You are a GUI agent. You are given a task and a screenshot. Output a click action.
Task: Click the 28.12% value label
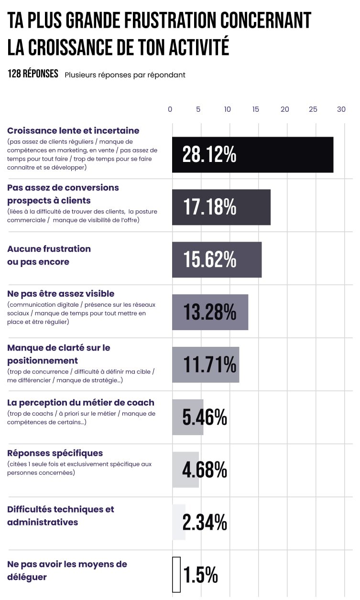(209, 155)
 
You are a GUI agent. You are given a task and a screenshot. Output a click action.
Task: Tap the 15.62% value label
(209, 259)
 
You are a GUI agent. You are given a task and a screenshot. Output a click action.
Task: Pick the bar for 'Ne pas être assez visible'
(210, 312)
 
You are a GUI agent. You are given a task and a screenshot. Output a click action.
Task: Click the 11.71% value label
(209, 365)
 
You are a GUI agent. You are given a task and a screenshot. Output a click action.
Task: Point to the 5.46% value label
(205, 418)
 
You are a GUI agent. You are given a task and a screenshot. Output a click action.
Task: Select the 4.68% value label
(205, 470)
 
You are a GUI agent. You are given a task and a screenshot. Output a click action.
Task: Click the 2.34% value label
(205, 523)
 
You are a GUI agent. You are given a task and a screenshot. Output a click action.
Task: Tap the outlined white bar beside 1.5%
(176, 575)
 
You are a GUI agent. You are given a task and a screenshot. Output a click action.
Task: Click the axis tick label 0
(170, 109)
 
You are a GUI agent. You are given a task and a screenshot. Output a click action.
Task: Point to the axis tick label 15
(256, 109)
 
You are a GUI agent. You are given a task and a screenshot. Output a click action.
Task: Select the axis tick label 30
(341, 109)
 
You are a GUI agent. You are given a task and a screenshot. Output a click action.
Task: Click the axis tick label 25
(313, 109)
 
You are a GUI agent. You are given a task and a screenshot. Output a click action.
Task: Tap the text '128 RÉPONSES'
(33, 74)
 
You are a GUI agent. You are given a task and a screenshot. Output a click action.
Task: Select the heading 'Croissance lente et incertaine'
(73, 130)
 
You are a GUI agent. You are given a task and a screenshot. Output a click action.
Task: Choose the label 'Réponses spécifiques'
(55, 453)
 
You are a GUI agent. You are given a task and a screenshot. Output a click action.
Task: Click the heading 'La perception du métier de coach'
(81, 403)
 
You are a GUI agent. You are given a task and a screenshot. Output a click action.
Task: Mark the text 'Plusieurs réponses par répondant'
(125, 75)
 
